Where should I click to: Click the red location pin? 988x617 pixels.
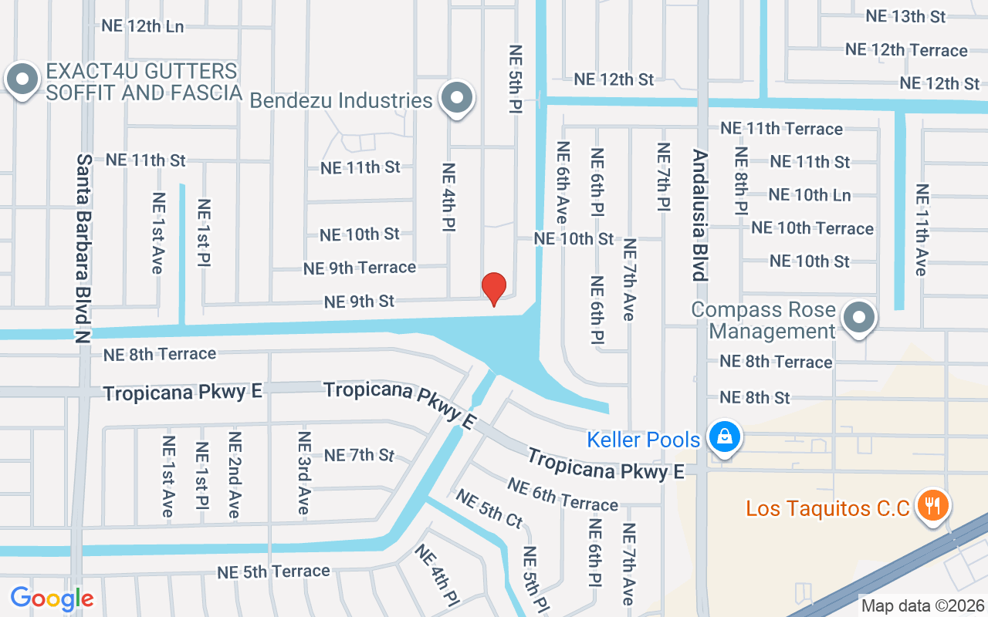[494, 288]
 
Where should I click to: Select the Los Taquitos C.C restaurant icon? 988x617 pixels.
[933, 507]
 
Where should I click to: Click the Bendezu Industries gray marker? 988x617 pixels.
[457, 98]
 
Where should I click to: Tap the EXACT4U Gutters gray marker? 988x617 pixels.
[22, 79]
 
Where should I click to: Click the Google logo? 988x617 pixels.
[52, 598]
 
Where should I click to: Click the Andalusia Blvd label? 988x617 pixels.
[699, 215]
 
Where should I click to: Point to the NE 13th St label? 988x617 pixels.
[905, 16]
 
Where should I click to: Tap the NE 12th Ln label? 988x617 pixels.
[143, 25]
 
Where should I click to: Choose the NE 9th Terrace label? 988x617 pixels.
[360, 268]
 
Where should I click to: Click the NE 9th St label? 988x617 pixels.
[360, 302]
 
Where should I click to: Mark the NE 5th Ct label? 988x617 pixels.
[489, 509]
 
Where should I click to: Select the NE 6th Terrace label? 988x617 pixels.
[563, 494]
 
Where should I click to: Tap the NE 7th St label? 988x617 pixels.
[360, 455]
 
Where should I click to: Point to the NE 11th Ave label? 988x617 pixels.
[921, 229]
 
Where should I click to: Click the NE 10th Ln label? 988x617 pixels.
[810, 195]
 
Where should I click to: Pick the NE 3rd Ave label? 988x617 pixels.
[304, 473]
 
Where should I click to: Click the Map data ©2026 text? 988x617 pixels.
[922, 605]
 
